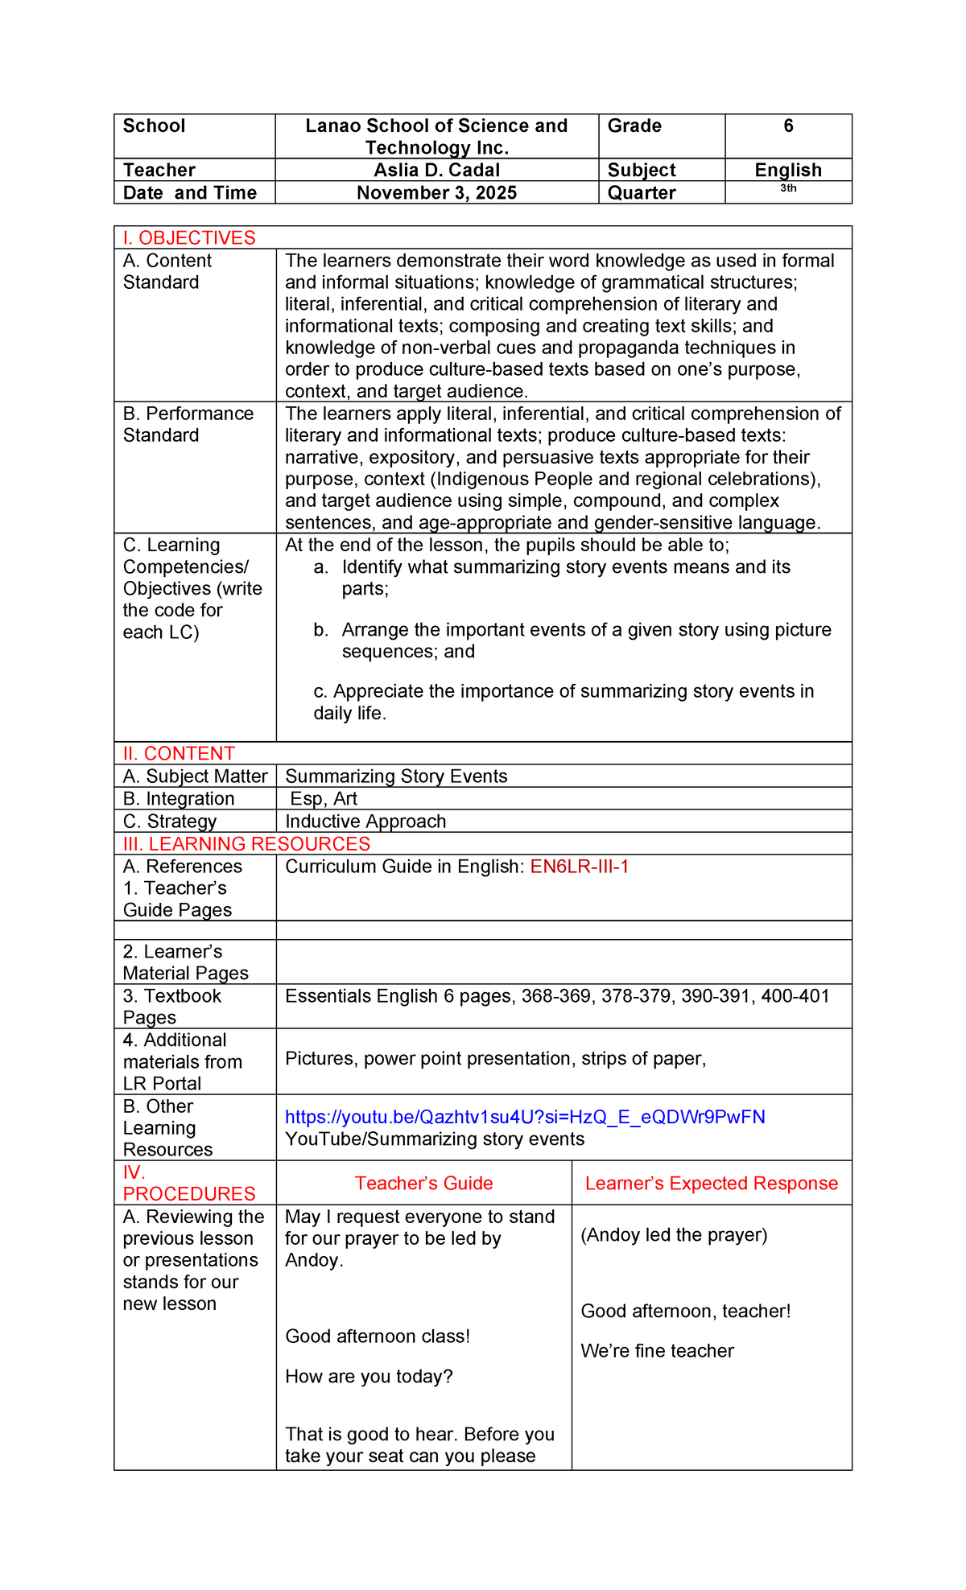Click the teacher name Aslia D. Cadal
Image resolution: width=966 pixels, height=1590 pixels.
[x=436, y=170]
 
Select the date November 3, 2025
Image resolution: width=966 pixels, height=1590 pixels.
[x=436, y=193]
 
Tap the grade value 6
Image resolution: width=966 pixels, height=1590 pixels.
[x=788, y=126]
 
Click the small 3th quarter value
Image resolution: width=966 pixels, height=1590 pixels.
[x=788, y=188]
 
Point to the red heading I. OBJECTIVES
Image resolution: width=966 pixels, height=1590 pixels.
[x=189, y=238]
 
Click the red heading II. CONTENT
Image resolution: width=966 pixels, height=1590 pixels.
[x=179, y=754]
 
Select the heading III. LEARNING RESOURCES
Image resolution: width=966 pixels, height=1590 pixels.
[x=246, y=844]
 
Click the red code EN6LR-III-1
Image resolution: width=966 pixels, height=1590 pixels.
[x=579, y=867]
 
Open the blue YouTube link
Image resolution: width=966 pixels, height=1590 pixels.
[x=525, y=1117]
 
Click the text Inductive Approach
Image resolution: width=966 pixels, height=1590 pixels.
[x=365, y=822]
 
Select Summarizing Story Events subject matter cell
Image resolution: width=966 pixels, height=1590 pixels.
[x=396, y=776]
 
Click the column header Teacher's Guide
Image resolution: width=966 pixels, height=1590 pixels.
[x=423, y=1184]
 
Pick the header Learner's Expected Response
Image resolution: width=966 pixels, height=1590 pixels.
[x=712, y=1184]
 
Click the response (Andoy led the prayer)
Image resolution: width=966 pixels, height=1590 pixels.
[x=674, y=1235]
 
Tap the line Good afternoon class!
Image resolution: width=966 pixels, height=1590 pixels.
[x=378, y=1337]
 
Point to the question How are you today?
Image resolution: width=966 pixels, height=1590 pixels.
[x=369, y=1377]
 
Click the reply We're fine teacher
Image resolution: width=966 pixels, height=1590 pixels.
[x=657, y=1351]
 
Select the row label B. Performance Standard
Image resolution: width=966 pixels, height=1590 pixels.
[x=188, y=424]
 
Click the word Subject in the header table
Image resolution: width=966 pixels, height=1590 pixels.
[x=642, y=170]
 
